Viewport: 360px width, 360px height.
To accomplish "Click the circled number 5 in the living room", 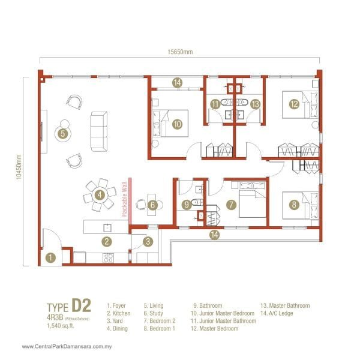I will coord(62,134).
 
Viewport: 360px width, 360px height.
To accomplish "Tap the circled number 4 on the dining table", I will coord(100,194).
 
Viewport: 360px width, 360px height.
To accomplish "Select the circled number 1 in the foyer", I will coord(51,259).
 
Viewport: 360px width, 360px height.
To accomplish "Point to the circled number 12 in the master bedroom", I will coord(293,104).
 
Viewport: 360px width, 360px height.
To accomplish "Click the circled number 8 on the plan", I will coord(293,205).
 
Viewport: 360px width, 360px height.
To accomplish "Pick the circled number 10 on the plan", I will coord(177,124).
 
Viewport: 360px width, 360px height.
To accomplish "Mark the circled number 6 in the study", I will coord(152,205).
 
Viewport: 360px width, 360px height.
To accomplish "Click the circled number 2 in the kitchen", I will coord(106,242).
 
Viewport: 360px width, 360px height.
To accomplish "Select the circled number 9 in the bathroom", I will coord(187,205).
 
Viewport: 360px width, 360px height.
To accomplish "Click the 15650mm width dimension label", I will coord(180,52).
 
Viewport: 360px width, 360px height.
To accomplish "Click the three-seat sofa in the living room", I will coord(98,131).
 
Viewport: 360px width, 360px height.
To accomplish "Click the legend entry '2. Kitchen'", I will coord(118,313).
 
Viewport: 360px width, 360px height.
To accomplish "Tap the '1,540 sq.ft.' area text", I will coord(62,326).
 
